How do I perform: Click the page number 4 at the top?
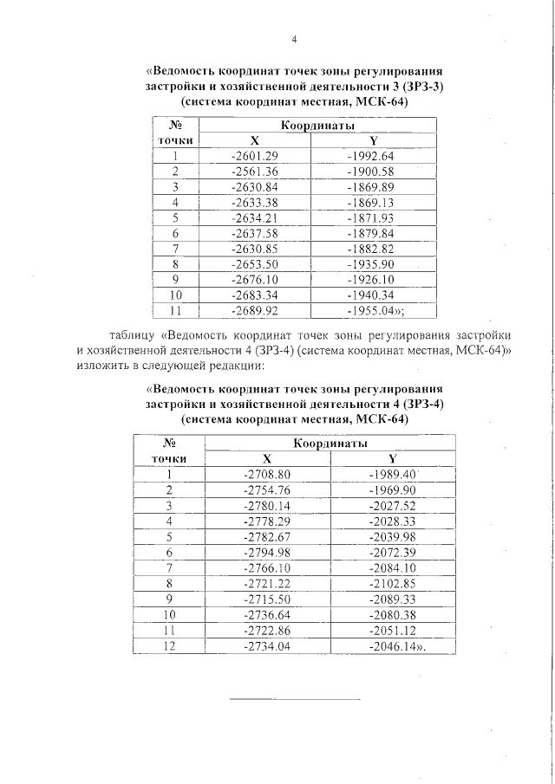coord(294,40)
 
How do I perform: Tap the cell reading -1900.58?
coord(369,172)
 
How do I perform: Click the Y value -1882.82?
coord(369,249)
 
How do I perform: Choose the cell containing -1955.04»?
coord(375,311)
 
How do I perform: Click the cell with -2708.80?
coord(267,475)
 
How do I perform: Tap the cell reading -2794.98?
coord(267,553)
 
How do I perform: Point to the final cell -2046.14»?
coord(397,646)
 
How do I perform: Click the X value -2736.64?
coord(267,615)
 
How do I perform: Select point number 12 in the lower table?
coord(169,646)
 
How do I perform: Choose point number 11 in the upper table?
coord(175,311)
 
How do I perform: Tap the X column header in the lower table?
coord(267,459)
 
